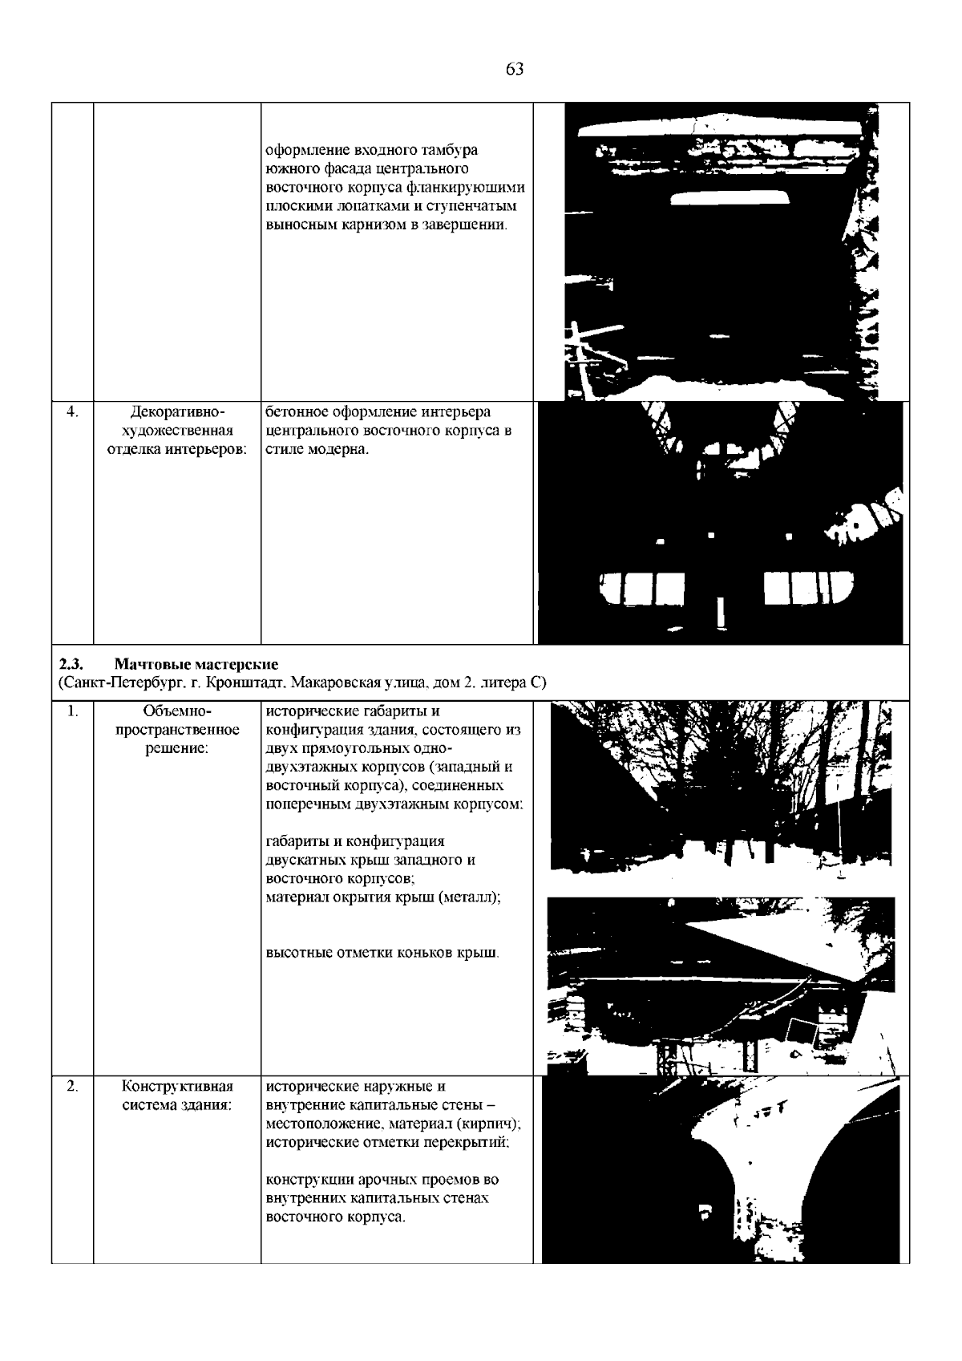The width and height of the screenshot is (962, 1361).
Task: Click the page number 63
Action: pos(515,69)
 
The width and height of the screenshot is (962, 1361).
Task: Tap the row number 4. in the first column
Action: pos(72,412)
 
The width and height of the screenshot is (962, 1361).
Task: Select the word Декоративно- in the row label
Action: pos(176,412)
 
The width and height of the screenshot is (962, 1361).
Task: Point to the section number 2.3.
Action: pos(71,664)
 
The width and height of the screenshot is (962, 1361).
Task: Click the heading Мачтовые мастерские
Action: pos(196,664)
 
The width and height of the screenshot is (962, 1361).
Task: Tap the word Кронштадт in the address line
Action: pos(245,683)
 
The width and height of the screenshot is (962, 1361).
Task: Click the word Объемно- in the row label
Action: pos(176,711)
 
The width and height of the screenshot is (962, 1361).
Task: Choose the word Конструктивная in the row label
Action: pos(177,1087)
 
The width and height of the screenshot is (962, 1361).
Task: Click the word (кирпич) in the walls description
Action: pos(491,1124)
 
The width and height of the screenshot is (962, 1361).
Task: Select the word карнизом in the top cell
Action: pos(367,225)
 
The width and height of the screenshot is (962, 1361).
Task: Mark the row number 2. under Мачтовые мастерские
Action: pos(72,1087)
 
